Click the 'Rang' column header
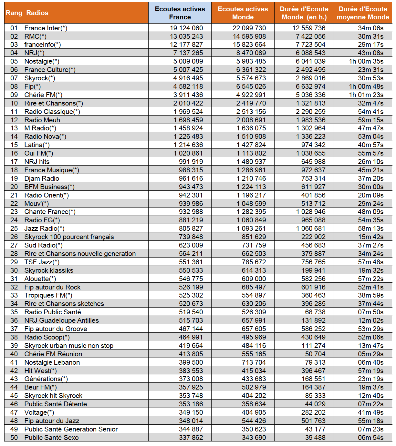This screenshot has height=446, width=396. (14, 13)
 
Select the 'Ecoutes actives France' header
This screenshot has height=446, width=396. (180, 13)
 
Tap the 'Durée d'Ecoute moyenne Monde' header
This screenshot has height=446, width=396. (363, 13)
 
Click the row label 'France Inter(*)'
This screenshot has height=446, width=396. (46, 28)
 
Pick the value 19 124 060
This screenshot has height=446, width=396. (186, 28)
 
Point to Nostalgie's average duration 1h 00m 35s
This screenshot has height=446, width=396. (366, 61)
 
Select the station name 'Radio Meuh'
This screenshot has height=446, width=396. (42, 120)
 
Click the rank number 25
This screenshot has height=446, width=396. (14, 228)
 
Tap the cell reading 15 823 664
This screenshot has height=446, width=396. (249, 45)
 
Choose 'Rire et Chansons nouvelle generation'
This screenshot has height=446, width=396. (80, 254)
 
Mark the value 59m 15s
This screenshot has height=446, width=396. (370, 120)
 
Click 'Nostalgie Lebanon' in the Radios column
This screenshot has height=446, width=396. (52, 362)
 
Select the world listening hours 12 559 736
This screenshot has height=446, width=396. (309, 28)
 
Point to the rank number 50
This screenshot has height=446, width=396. (14, 438)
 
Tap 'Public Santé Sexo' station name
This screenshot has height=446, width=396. (52, 438)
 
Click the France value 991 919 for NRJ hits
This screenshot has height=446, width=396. (191, 162)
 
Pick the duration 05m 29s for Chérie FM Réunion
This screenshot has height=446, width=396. (370, 354)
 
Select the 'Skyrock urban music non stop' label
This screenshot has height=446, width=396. (69, 346)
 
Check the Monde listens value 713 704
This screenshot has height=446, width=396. (254, 362)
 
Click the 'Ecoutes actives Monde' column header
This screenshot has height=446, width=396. (243, 13)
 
